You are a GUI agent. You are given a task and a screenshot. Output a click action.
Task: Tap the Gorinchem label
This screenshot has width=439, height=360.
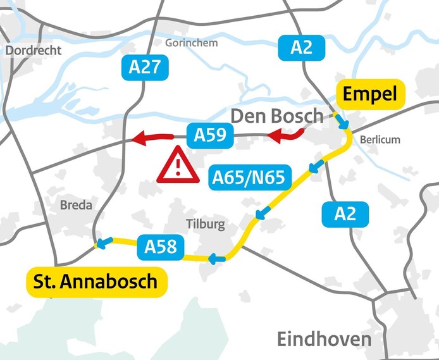191,43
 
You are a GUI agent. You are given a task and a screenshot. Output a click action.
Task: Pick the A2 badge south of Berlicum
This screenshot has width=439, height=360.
345,214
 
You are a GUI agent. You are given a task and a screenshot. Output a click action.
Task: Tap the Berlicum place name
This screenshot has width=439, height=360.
380,139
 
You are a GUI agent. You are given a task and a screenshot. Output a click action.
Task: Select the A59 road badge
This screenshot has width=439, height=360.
209,135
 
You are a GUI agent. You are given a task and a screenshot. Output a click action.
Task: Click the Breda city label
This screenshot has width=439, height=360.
76,205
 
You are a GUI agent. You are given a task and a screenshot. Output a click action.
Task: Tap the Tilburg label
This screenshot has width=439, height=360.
205,224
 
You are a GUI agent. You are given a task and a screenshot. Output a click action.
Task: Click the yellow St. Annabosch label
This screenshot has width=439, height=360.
96,281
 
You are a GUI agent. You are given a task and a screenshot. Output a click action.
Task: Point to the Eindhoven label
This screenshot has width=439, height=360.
324,339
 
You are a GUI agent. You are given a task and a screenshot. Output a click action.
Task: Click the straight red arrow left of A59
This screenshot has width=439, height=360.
152,137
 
